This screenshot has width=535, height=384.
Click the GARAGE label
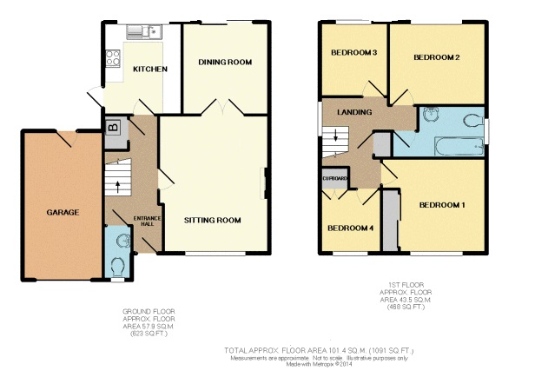click(63, 212)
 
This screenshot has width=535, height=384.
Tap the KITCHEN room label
click(149, 70)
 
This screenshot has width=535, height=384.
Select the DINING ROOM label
click(225, 62)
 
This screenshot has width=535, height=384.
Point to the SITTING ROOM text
click(212, 220)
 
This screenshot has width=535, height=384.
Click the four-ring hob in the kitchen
click(113, 59)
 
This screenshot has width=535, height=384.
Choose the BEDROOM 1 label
click(442, 205)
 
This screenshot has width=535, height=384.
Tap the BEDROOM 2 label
click(435, 57)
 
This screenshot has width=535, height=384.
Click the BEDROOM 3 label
click(353, 53)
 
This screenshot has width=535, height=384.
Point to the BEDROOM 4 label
click(349, 228)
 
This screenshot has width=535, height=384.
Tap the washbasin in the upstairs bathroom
click(430, 112)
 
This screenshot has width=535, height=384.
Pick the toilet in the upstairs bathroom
click(474, 120)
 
